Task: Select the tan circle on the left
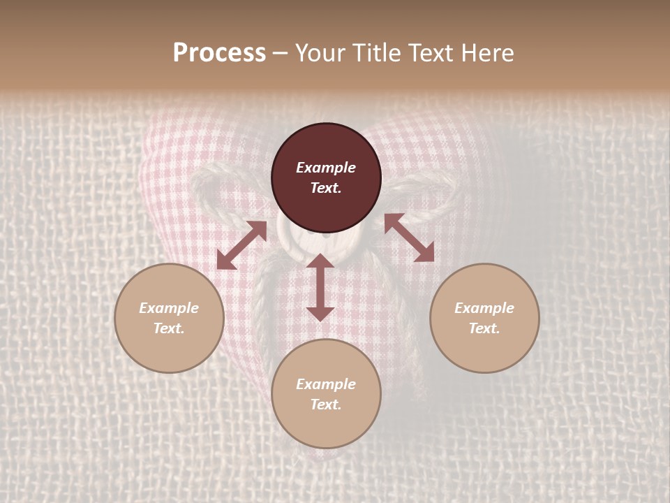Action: tap(169, 318)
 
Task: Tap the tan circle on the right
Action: tap(484, 318)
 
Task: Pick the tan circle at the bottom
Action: tap(326, 393)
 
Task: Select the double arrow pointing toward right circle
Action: tap(409, 238)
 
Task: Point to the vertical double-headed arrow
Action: tap(320, 287)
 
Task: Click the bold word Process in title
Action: tap(219, 53)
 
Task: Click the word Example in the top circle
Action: tap(326, 168)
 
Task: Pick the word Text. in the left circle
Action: tap(169, 328)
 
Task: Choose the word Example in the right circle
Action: tap(484, 308)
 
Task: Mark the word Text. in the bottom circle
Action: tap(326, 404)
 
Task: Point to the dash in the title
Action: tap(280, 53)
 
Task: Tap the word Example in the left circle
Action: tap(169, 308)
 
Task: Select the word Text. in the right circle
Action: tap(484, 328)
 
